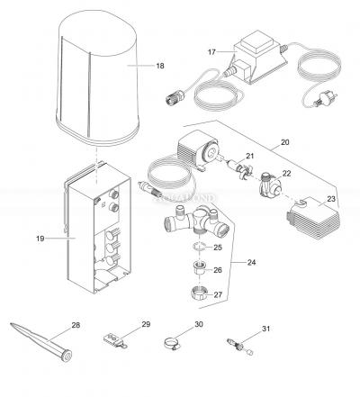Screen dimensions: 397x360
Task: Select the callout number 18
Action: coord(160,66)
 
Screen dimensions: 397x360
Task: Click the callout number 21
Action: coord(250,157)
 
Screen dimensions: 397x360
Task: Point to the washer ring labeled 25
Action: coord(199,247)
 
